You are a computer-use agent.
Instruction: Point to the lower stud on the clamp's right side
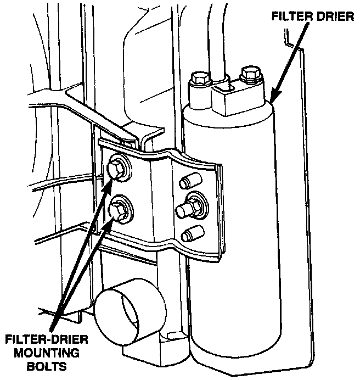coord(189,234)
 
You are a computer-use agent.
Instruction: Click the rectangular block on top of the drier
coord(237,99)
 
